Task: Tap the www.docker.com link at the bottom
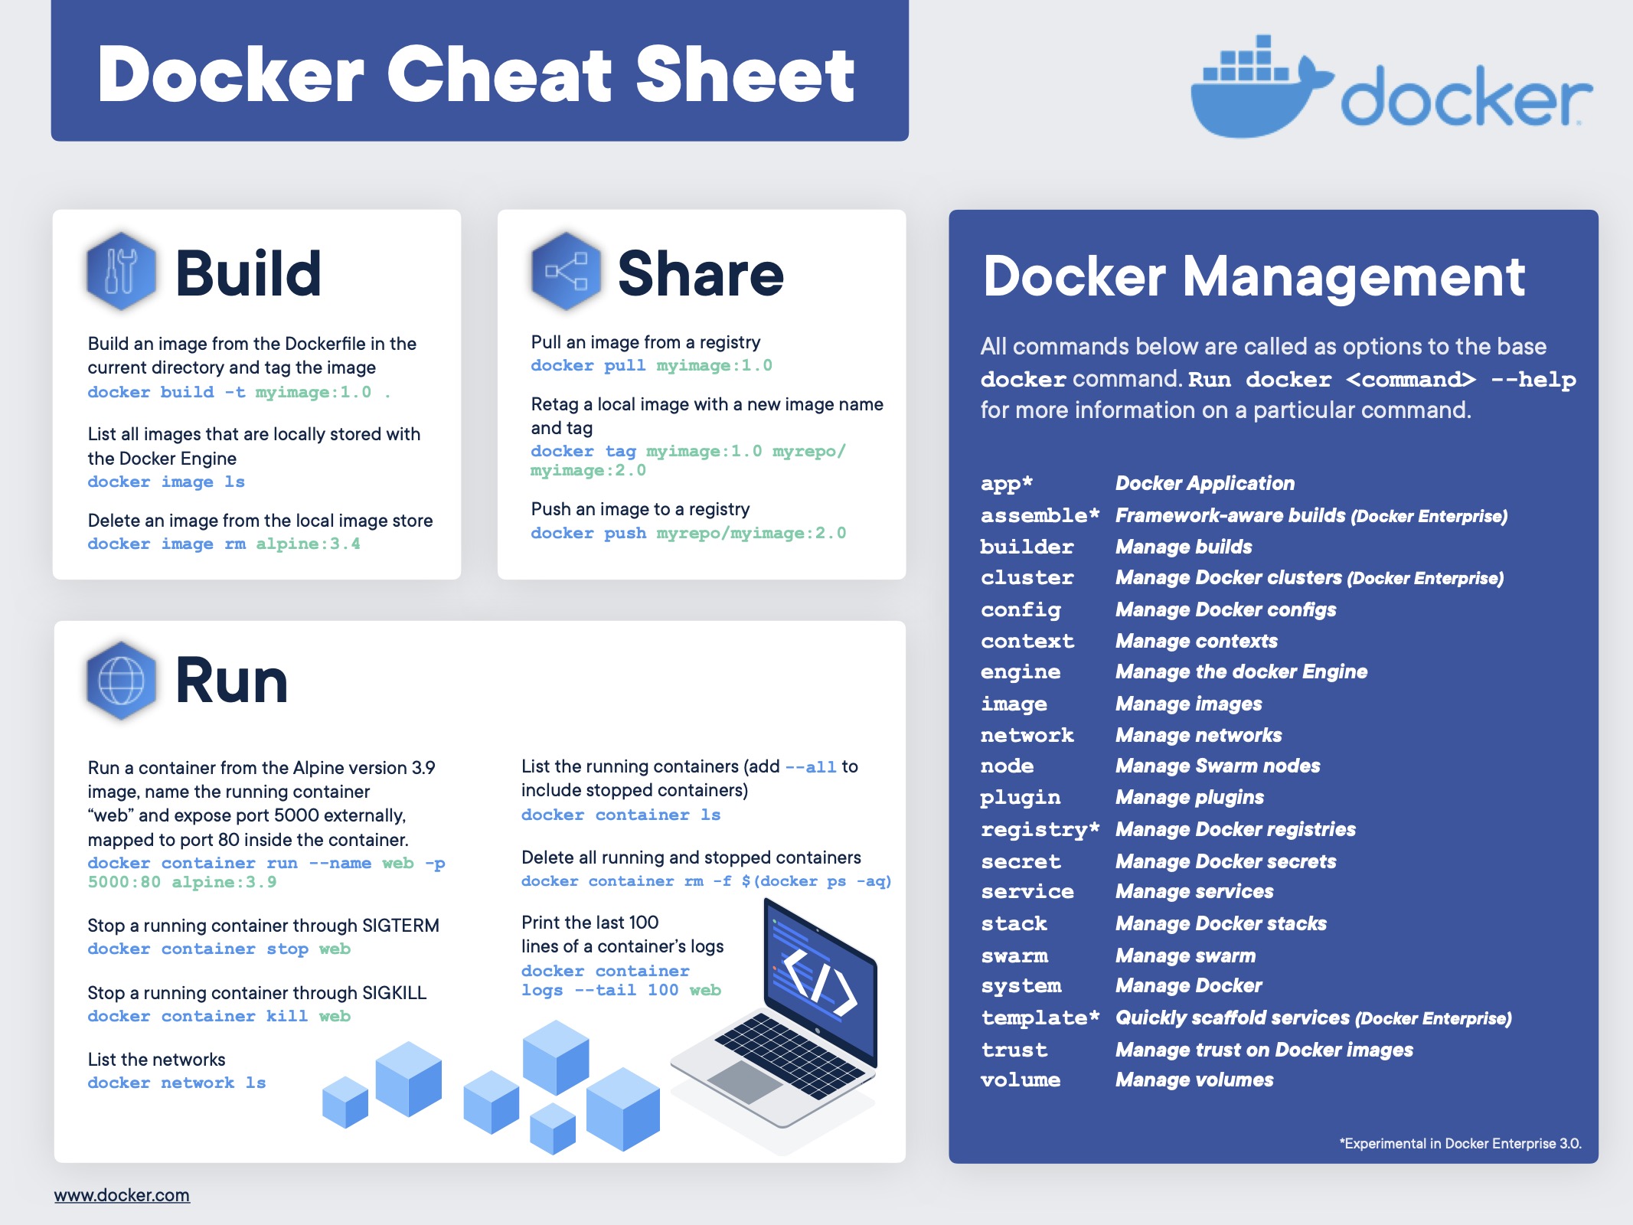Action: [x=122, y=1195]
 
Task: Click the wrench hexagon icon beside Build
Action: [x=121, y=271]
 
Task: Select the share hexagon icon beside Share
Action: [x=566, y=271]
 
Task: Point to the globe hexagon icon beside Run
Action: [x=121, y=680]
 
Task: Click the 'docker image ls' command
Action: [x=166, y=482]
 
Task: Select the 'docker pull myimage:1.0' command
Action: [x=652, y=365]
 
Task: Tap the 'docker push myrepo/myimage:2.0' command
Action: [x=688, y=533]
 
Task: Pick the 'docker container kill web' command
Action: [x=219, y=1016]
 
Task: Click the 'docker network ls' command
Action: [x=177, y=1083]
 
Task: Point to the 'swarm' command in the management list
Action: [x=1014, y=955]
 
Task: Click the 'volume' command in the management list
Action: [x=1021, y=1080]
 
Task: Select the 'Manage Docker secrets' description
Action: [x=1226, y=861]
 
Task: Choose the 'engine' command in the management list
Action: [x=1021, y=672]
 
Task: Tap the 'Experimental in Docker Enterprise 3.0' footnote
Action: [x=1461, y=1143]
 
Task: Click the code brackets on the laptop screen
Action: [x=819, y=983]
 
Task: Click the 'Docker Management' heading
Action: [x=1254, y=276]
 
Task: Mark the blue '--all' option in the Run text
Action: [x=811, y=766]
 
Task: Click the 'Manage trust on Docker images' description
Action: [x=1264, y=1050]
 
